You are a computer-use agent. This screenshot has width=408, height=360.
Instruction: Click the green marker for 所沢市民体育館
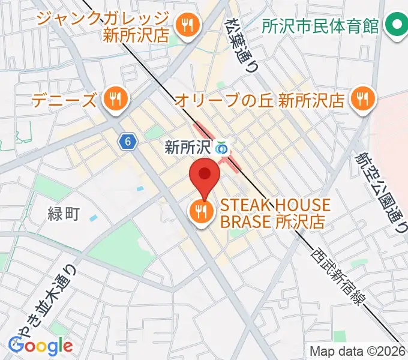(x=395, y=25)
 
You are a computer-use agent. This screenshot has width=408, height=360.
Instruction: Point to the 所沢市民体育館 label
(x=321, y=26)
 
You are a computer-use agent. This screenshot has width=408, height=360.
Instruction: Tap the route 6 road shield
(x=127, y=141)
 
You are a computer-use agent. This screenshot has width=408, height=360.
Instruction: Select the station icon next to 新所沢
(x=223, y=146)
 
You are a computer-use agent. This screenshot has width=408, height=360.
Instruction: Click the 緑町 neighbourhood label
(x=62, y=212)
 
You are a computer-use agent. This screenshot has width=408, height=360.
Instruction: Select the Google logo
(x=41, y=346)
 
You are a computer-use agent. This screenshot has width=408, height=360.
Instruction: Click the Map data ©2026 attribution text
(x=357, y=351)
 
